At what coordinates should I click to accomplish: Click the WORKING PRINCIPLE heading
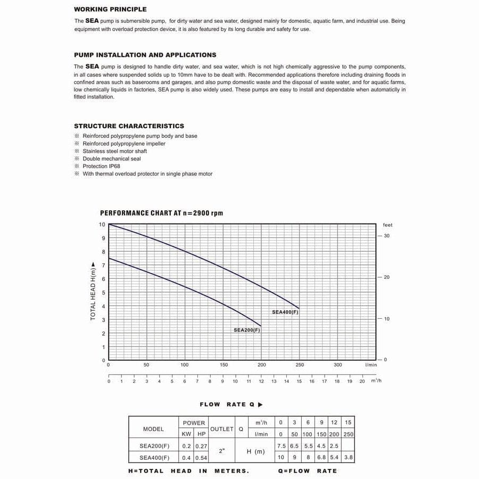pos(110,9)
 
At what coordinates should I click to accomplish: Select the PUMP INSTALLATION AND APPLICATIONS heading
pos(145,55)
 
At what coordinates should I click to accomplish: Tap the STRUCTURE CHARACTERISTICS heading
pos(129,126)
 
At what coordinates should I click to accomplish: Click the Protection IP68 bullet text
pos(101,166)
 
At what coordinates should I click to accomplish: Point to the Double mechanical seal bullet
pos(112,159)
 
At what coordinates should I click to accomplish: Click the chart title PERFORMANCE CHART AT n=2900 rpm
pos(161,213)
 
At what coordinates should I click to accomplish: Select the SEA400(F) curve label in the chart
pos(285,312)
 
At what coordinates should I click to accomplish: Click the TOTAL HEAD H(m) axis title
pos(93,291)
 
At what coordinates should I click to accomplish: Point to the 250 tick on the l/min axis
pos(300,365)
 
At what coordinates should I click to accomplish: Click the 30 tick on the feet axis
pos(386,236)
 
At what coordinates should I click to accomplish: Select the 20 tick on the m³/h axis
pos(362,381)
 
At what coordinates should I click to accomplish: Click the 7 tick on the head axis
pos(103,265)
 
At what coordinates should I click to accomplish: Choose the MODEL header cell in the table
pos(153,429)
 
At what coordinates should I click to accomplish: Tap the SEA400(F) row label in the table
pos(154,458)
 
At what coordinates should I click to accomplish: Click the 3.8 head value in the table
pos(348,458)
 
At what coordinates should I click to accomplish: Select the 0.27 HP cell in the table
pos(201,447)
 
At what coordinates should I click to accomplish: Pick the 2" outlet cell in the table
pos(221,451)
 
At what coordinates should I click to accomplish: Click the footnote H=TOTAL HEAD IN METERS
pos(188,471)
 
